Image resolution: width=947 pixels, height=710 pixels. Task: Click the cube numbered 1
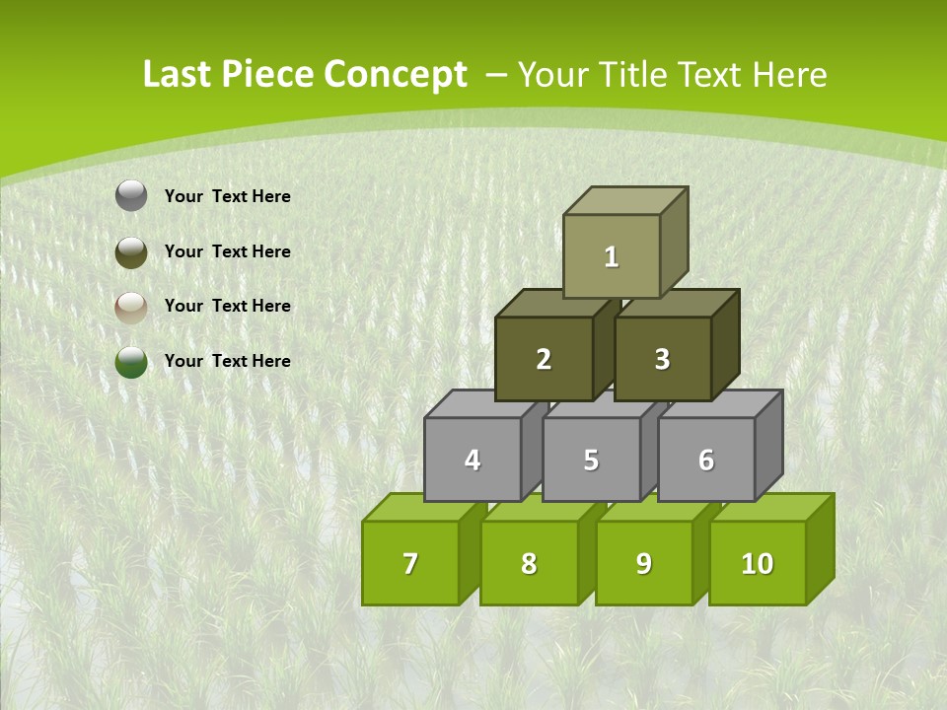612,256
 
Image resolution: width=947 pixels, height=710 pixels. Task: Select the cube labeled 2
544,359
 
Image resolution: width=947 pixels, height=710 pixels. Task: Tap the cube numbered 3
662,359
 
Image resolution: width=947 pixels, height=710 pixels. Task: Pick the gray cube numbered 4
473,460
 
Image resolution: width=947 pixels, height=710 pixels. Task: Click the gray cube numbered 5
591,460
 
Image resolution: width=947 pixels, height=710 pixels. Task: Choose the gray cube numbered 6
706,460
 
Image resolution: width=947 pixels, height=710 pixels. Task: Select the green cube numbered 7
410,563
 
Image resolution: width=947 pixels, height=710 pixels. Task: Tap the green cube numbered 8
529,563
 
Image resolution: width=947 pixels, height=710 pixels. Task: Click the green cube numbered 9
643,563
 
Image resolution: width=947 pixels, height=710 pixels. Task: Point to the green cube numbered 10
757,563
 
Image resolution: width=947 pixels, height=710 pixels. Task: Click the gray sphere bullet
131,196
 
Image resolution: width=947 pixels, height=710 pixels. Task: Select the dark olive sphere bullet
131,251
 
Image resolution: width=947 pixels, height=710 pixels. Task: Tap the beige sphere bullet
131,307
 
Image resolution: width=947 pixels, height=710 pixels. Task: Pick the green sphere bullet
131,362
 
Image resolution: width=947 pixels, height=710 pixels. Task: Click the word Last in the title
177,75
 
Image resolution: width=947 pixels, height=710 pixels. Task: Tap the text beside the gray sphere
228,196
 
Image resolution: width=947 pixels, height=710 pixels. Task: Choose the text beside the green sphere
228,361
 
